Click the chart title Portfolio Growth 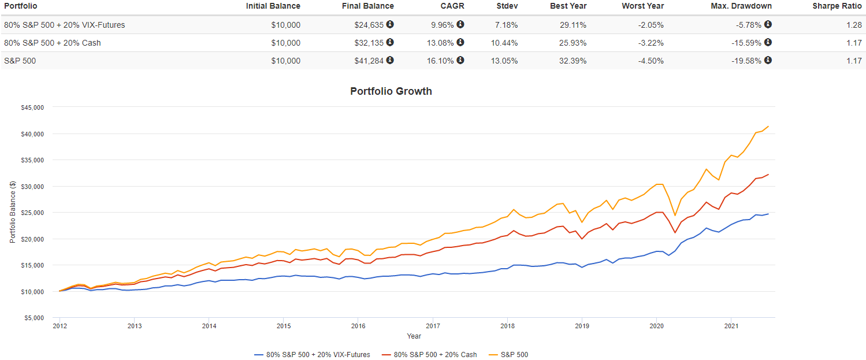391,91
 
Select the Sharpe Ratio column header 837,6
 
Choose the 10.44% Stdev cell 504,43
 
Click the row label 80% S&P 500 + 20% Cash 53,43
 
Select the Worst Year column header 642,6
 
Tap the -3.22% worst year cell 649,43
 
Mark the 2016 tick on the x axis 358,326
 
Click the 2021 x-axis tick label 731,326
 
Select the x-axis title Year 414,336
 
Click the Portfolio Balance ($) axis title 13,212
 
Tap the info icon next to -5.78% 768,25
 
